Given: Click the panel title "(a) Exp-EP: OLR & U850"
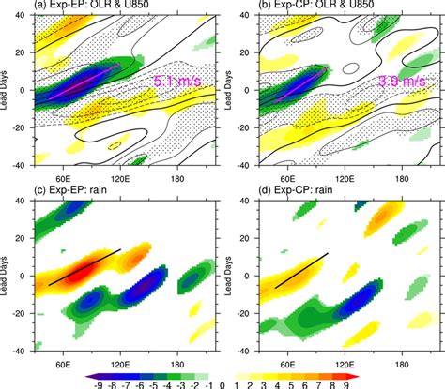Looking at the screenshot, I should pyautogui.click(x=92, y=7).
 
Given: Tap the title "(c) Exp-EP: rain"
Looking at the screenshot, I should pyautogui.click(x=70, y=193).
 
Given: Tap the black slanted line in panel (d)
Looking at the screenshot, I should pyautogui.click(x=300, y=271).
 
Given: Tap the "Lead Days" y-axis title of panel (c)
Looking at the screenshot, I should pyautogui.click(x=8, y=277).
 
